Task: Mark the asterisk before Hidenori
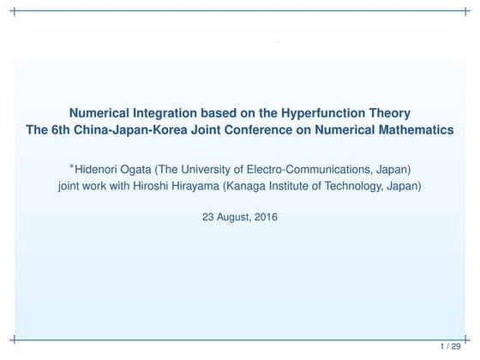pos(72,163)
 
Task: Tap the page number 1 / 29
pos(451,346)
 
